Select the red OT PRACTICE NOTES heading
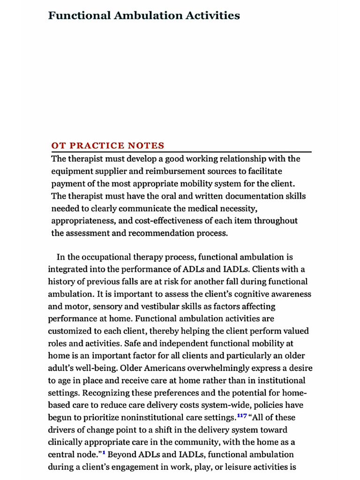pyautogui.click(x=108, y=145)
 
